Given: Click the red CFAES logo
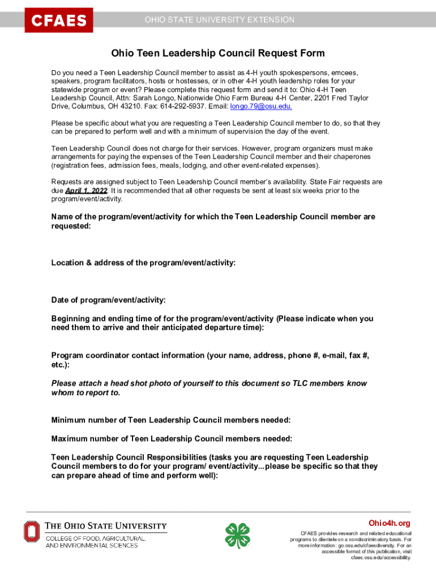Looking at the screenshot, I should tap(58, 20).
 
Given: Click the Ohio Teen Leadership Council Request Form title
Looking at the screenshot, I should tap(218, 54).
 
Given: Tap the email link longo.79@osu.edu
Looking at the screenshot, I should tap(261, 106).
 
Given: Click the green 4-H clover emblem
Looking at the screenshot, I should tap(237, 535).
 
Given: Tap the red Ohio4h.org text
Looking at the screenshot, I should tap(389, 523).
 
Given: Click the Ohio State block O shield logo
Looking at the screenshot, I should tap(32, 532).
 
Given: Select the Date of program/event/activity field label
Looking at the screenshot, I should tap(108, 300).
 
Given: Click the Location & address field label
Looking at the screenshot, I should tap(143, 263).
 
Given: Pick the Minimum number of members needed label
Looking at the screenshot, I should tap(171, 420).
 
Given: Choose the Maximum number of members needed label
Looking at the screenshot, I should tap(172, 439).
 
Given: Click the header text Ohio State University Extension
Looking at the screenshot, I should tap(219, 20).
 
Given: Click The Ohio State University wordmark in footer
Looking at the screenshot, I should tap(106, 525).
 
